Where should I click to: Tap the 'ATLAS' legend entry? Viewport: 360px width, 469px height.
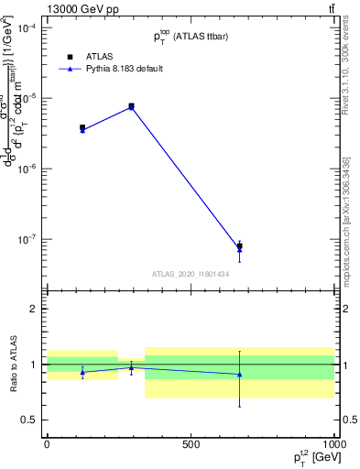click(x=86, y=56)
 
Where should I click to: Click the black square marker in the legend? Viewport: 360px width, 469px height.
click(x=57, y=56)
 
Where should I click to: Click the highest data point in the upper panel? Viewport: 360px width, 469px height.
click(x=131, y=106)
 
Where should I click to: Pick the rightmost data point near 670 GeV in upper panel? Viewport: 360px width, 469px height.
click(x=239, y=245)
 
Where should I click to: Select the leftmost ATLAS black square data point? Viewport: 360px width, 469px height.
click(x=82, y=128)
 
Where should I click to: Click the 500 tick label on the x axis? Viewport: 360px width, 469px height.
click(x=191, y=444)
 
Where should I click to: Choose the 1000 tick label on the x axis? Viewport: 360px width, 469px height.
click(x=333, y=444)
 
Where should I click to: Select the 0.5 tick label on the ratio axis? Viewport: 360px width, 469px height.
click(x=29, y=420)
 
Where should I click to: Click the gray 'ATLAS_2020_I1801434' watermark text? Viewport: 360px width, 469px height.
click(x=190, y=274)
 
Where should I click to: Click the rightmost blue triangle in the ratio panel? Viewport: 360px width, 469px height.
click(x=239, y=374)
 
